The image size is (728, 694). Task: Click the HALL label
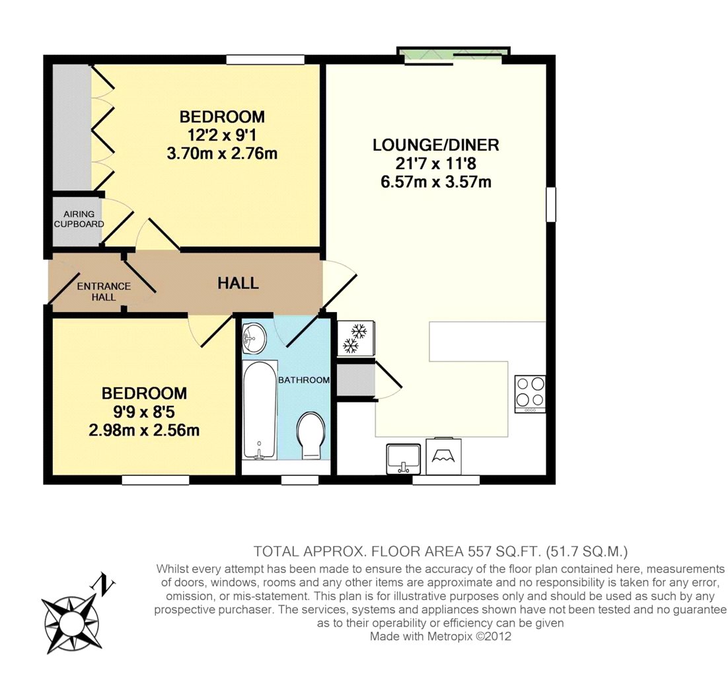coord(238,283)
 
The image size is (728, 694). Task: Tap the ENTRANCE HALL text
coord(104,291)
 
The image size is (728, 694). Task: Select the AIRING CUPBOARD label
coord(79,219)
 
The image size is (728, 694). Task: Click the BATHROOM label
coord(304,380)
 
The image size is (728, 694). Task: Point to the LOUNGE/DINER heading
coord(435,145)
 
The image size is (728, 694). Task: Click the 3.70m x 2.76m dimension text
coord(222,154)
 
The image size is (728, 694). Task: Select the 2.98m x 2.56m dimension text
coord(144,430)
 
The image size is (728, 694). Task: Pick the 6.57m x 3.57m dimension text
coord(435,182)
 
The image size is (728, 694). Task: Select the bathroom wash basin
coord(254,338)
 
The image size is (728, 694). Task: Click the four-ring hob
coord(530,394)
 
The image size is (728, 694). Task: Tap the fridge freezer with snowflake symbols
coord(355,338)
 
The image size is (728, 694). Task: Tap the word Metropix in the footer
coord(451,636)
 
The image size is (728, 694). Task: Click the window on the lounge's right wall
coord(551,204)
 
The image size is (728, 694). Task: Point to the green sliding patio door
coord(453,55)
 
